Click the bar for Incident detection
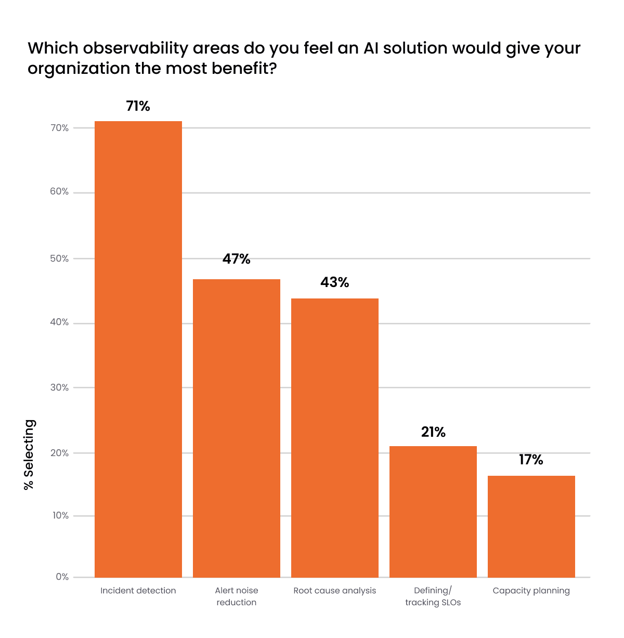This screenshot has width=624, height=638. point(138,349)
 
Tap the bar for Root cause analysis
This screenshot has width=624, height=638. point(334,437)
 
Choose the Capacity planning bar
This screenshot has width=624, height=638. point(531,526)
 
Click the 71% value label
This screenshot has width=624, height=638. point(138,106)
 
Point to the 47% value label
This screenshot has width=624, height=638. point(236,259)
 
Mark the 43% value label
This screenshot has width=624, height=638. point(334,282)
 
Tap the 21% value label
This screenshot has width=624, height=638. point(433,432)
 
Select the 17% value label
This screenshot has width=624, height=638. point(531,460)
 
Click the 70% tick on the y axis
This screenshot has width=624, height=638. point(59,128)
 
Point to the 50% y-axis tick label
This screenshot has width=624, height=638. point(59,258)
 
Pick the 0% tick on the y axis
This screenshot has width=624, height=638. point(62,577)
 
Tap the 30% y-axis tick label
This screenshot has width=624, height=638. point(59,387)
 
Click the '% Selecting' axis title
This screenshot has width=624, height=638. point(29,454)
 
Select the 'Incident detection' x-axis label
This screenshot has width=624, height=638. point(138,591)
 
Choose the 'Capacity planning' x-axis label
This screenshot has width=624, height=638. point(531,591)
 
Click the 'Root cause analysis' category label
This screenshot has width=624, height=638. point(334,591)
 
